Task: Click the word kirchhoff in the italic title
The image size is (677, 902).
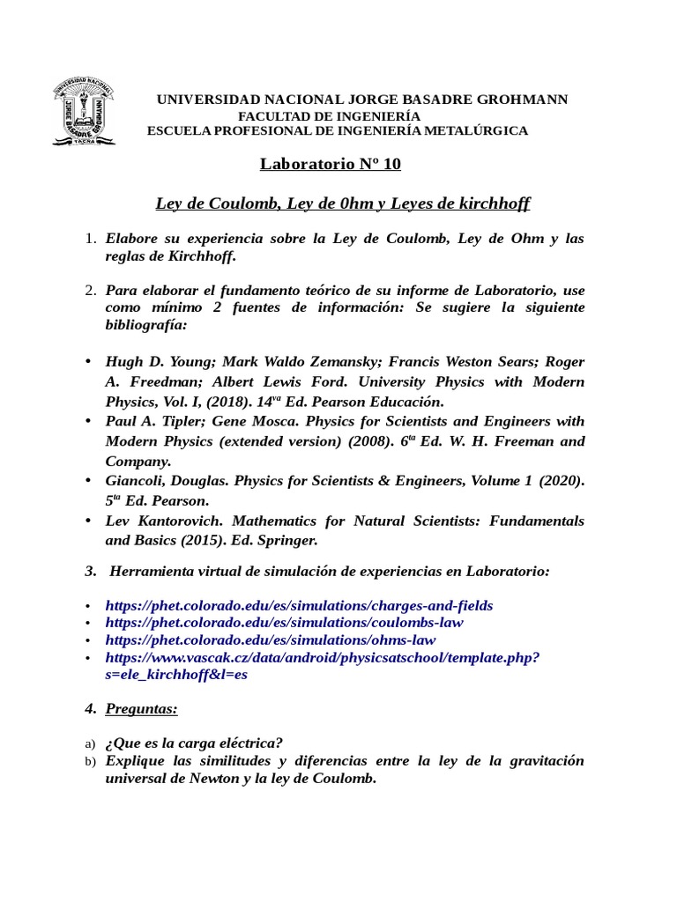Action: (495, 203)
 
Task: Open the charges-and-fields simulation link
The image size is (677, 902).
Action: (299, 605)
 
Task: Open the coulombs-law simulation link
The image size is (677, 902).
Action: (284, 623)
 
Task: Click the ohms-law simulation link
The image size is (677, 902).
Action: (270, 640)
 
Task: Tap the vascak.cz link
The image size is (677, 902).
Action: (323, 658)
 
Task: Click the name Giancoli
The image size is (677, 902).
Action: (139, 480)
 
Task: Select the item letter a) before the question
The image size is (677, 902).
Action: (89, 743)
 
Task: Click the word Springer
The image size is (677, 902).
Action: (288, 539)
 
